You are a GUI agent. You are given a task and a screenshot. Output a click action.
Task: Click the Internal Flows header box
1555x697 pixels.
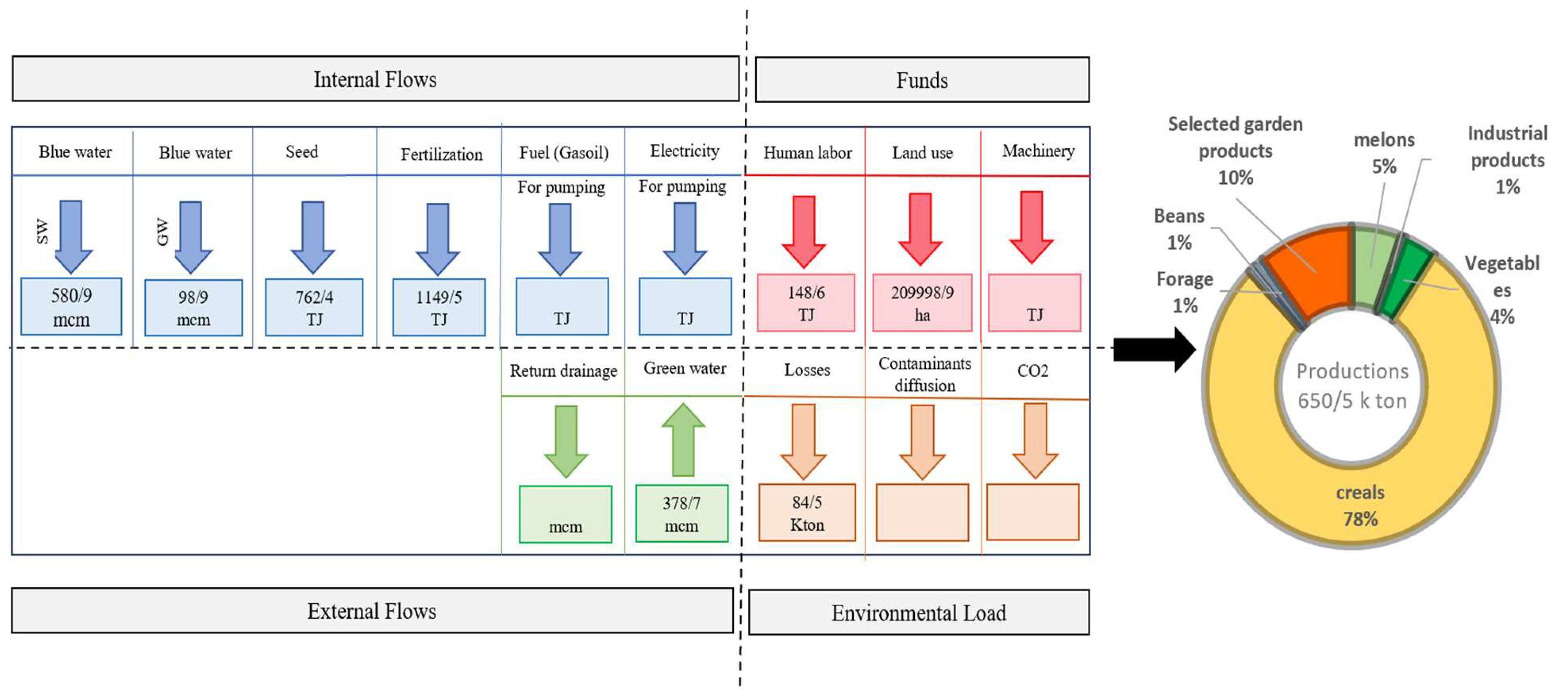coord(375,79)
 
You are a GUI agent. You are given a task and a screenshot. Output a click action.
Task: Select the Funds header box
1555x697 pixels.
coord(921,80)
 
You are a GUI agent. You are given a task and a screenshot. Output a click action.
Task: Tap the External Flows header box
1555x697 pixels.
coord(372,611)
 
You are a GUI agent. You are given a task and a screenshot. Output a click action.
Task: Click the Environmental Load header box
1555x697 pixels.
coord(918,613)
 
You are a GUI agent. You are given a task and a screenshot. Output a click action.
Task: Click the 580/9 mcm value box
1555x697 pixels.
coord(71,307)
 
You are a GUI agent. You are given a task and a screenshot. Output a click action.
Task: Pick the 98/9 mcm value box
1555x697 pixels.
coord(193,308)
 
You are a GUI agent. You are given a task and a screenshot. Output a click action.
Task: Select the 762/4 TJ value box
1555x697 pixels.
coord(314,307)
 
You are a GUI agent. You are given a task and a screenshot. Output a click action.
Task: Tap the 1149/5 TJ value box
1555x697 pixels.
coord(439,307)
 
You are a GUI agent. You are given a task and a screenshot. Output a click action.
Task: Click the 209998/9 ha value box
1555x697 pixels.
coord(922,303)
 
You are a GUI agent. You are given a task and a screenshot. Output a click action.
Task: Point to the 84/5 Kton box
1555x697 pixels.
coord(807,512)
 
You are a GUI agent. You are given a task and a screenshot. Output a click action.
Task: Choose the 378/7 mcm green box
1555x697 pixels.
coord(681,513)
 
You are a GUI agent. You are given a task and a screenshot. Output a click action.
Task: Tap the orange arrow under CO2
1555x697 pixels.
coord(1035,440)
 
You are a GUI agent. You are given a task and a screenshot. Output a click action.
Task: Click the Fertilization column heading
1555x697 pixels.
coord(441,154)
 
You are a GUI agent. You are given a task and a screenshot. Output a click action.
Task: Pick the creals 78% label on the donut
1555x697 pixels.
coord(1360,506)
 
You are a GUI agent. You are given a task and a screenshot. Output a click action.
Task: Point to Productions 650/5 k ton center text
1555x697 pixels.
coord(1352,386)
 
